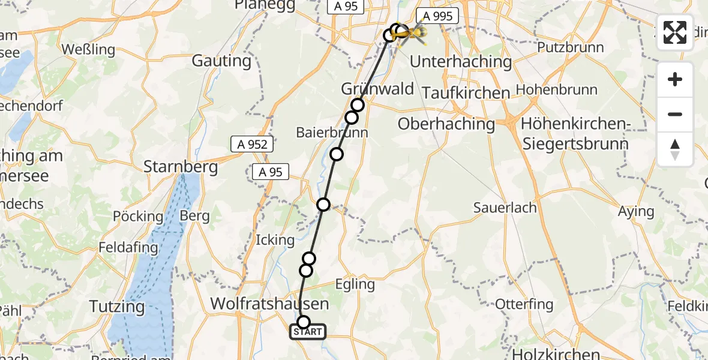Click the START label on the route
point(308,332)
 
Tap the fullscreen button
point(675,32)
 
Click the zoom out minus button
point(675,114)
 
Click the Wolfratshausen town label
point(269,304)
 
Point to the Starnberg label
point(181,166)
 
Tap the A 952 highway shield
point(253,144)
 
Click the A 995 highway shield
point(437,16)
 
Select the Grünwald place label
point(377,89)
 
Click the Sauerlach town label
point(505,208)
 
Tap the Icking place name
point(275,240)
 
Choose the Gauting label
point(221,61)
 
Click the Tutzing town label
point(117,307)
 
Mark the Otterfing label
point(524,304)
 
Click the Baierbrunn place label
point(332,133)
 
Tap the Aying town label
point(636,211)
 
